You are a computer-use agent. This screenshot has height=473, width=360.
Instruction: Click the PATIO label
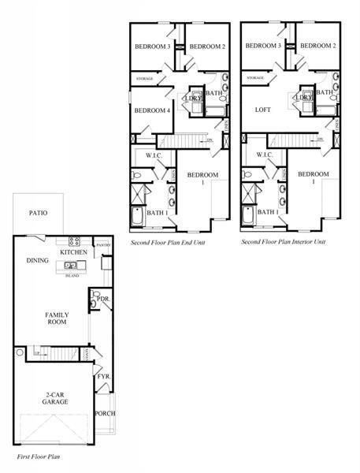click(38, 213)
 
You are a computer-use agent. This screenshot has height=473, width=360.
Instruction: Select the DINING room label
click(37, 260)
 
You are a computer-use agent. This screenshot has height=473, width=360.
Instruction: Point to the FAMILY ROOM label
click(55, 318)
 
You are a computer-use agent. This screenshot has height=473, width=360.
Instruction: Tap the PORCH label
click(105, 414)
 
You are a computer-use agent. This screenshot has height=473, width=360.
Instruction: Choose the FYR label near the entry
click(103, 377)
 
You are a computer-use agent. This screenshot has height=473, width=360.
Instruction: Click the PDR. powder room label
click(101, 300)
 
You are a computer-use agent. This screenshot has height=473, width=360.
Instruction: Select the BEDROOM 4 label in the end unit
click(152, 110)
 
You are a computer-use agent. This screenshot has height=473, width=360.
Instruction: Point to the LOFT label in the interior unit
click(262, 110)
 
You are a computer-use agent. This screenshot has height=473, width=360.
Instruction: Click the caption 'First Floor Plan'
click(39, 456)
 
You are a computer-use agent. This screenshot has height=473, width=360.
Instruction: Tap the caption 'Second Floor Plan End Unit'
click(168, 242)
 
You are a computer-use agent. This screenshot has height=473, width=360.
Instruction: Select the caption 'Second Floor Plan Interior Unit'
click(283, 242)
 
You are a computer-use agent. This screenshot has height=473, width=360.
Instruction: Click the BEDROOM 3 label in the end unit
click(152, 47)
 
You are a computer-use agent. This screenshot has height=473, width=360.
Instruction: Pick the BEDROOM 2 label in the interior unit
click(318, 47)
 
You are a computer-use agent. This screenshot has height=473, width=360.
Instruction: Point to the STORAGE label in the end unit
click(145, 78)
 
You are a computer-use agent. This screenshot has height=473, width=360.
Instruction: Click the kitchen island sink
click(71, 266)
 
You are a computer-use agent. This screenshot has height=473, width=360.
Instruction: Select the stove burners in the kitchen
click(75, 242)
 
